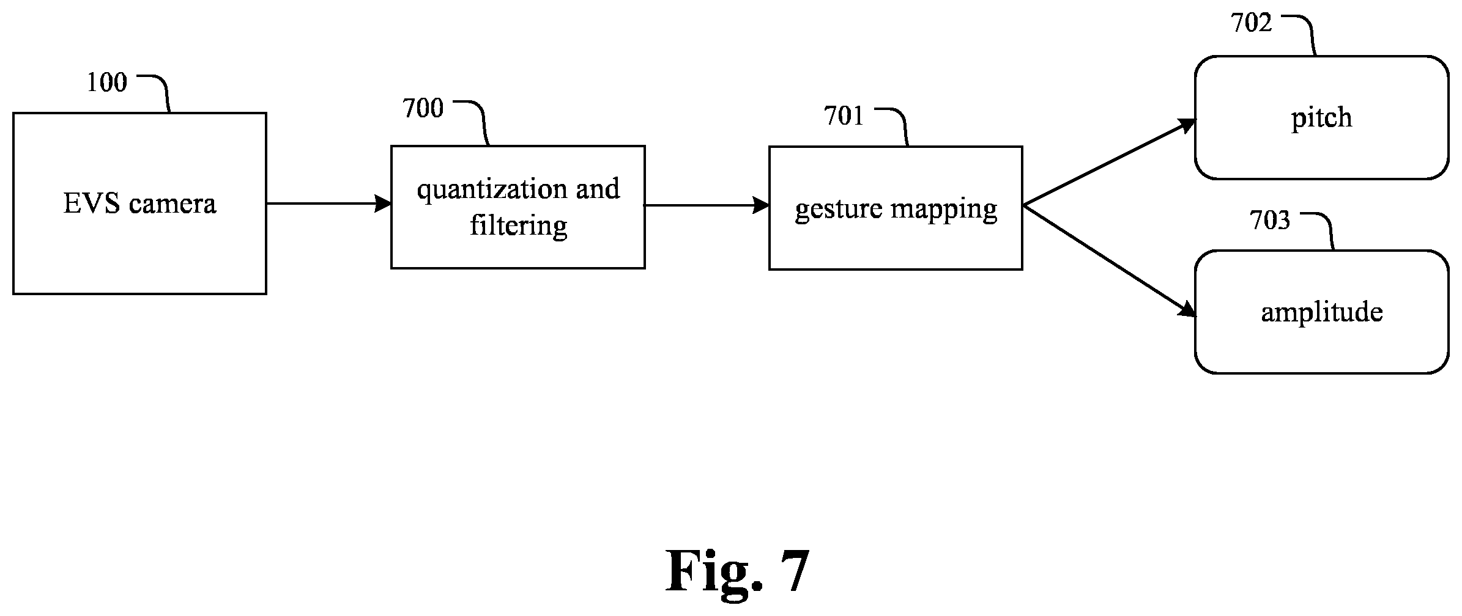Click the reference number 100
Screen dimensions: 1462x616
coord(107,82)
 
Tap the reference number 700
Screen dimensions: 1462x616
coord(423,108)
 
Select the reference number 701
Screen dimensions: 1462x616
coord(844,116)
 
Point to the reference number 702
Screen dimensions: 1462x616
coord(1252,23)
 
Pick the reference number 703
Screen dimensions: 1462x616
coord(1270,221)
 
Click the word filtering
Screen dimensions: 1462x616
coord(518,226)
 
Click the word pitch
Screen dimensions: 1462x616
coord(1321,118)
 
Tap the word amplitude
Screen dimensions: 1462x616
coord(1322,313)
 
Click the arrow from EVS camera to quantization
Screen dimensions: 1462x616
coord(328,204)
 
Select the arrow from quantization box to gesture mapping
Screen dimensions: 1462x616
coord(707,205)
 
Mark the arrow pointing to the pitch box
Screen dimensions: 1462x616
coord(1109,162)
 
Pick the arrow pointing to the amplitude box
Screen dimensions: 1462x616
coord(1109,262)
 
